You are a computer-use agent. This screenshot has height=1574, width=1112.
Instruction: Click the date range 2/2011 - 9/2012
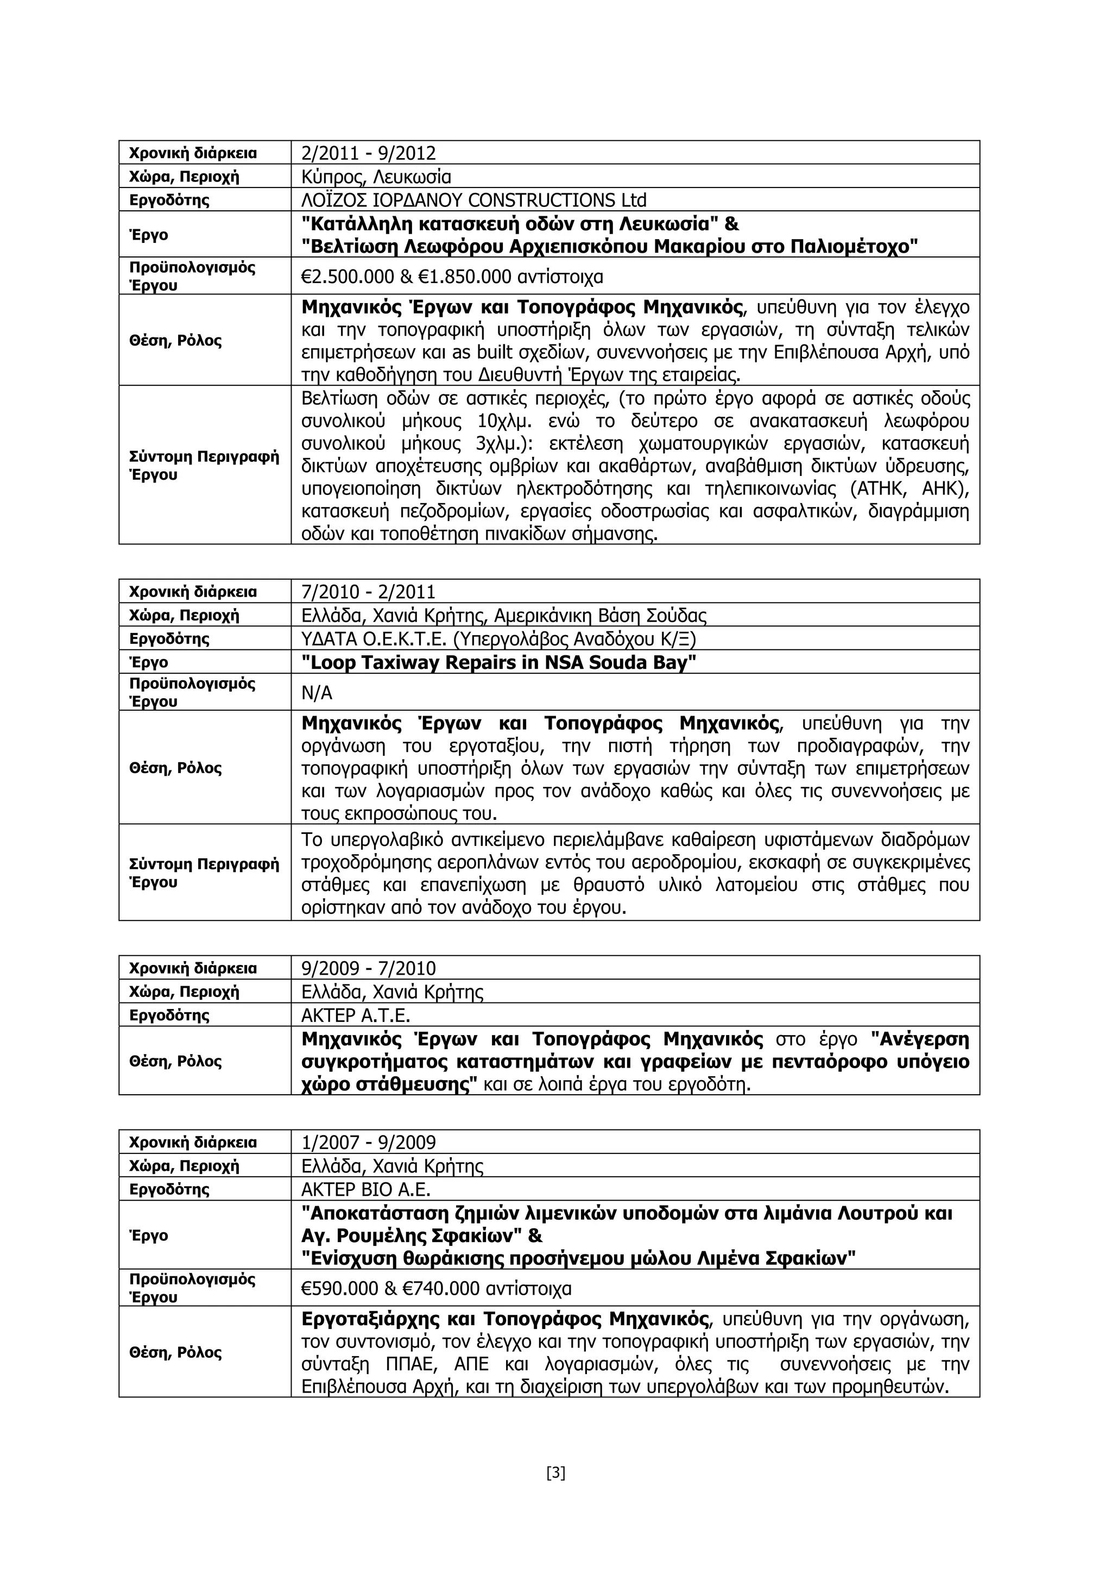tap(368, 153)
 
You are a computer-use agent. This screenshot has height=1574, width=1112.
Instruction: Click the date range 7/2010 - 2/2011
tap(368, 592)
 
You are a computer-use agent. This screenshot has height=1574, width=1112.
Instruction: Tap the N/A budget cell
tap(317, 693)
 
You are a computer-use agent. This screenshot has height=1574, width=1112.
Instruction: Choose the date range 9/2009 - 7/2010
tap(368, 968)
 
